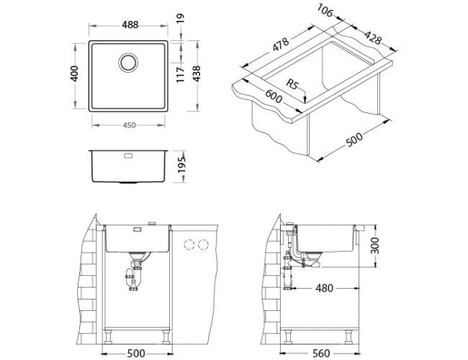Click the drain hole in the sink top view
[x=130, y=62]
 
